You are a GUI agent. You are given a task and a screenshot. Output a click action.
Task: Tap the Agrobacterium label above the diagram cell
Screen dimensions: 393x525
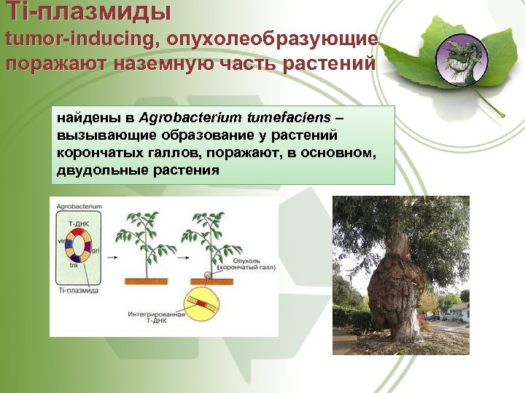point(79,206)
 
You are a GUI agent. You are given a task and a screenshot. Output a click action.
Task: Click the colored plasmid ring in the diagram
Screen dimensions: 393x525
point(78,244)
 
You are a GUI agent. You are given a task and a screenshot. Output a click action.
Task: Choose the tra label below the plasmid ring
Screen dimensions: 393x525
point(73,266)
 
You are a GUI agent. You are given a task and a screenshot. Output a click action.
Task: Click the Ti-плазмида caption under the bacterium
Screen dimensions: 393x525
point(79,290)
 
